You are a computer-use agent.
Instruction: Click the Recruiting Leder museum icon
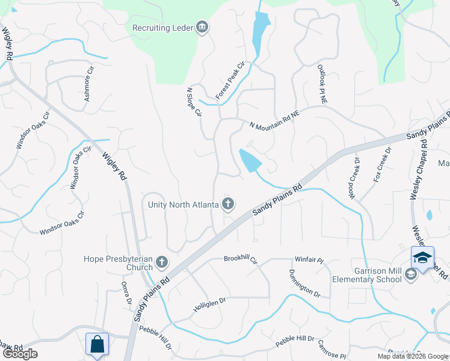(x=202, y=27)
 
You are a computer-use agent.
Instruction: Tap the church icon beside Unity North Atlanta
(x=228, y=205)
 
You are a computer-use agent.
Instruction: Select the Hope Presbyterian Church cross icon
(x=161, y=262)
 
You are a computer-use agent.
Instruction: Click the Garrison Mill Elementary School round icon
(x=411, y=274)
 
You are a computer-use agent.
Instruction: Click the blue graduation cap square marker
(x=422, y=258)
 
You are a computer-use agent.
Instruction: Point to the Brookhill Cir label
(x=241, y=259)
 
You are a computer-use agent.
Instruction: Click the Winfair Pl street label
(x=309, y=261)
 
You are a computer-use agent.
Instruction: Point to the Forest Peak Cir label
(x=231, y=81)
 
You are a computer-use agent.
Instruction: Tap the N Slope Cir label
(x=193, y=103)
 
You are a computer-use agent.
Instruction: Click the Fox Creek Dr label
(x=382, y=165)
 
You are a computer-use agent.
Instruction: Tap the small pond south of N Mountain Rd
(x=250, y=160)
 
